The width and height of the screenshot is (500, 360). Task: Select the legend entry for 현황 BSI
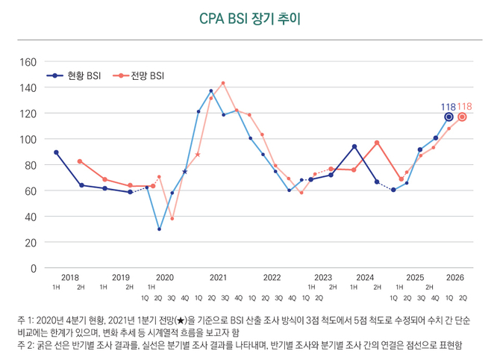coord(74,75)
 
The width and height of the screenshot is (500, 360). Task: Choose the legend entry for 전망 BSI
coord(141,75)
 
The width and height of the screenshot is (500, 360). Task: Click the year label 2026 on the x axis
coord(454,278)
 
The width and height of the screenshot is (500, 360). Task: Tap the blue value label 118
coord(448,107)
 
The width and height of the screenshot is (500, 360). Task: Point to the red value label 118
coord(464,107)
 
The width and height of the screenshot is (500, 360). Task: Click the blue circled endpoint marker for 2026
coord(449,117)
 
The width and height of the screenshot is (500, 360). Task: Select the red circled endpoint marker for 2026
coord(462,117)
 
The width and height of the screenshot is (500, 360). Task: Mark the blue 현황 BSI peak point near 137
coord(211,91)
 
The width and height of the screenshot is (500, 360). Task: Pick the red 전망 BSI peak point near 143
coord(223,83)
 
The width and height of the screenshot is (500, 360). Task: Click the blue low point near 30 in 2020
coord(159,229)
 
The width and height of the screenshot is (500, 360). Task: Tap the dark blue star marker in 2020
coord(185,172)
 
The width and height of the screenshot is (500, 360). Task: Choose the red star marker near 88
coord(198,155)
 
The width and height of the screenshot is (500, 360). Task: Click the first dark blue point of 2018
coord(56,152)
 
